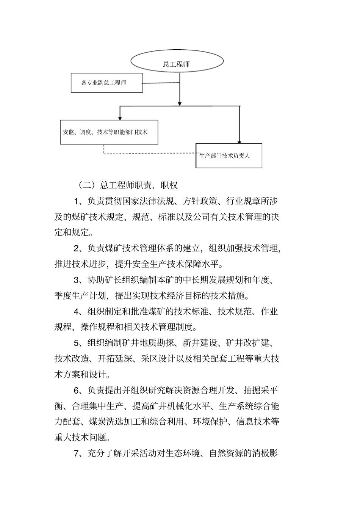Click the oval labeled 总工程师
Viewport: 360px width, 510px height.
177,64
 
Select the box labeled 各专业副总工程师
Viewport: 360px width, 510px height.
107,83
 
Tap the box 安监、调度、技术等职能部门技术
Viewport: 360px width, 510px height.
109,132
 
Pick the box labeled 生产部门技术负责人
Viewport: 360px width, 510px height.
229,155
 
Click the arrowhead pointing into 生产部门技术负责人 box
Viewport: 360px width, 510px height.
239,141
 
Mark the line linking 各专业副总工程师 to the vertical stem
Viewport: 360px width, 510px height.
161,83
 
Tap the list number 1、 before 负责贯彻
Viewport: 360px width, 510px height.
78,201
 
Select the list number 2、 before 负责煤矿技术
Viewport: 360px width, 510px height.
78,248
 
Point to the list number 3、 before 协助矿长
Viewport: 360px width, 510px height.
78,280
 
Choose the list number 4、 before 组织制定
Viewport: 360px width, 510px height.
78,312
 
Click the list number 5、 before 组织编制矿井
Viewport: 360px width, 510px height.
78,343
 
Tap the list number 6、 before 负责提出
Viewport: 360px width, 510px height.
78,390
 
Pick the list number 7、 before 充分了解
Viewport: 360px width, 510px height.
78,453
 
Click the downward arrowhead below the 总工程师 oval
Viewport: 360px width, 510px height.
180,102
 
